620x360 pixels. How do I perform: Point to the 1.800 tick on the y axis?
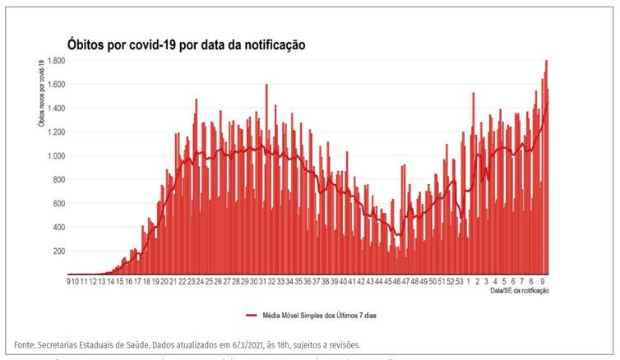[55, 61]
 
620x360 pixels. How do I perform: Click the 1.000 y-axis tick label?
[55, 156]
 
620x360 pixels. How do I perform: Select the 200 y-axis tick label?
[58, 252]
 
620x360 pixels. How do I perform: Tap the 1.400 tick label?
[55, 108]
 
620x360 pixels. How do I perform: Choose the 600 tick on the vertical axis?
[58, 204]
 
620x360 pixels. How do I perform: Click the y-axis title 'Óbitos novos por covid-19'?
[40, 94]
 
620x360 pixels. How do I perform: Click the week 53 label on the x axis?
[459, 282]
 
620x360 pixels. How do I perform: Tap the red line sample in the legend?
[252, 315]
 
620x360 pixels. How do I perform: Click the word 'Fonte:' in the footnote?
[26, 344]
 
